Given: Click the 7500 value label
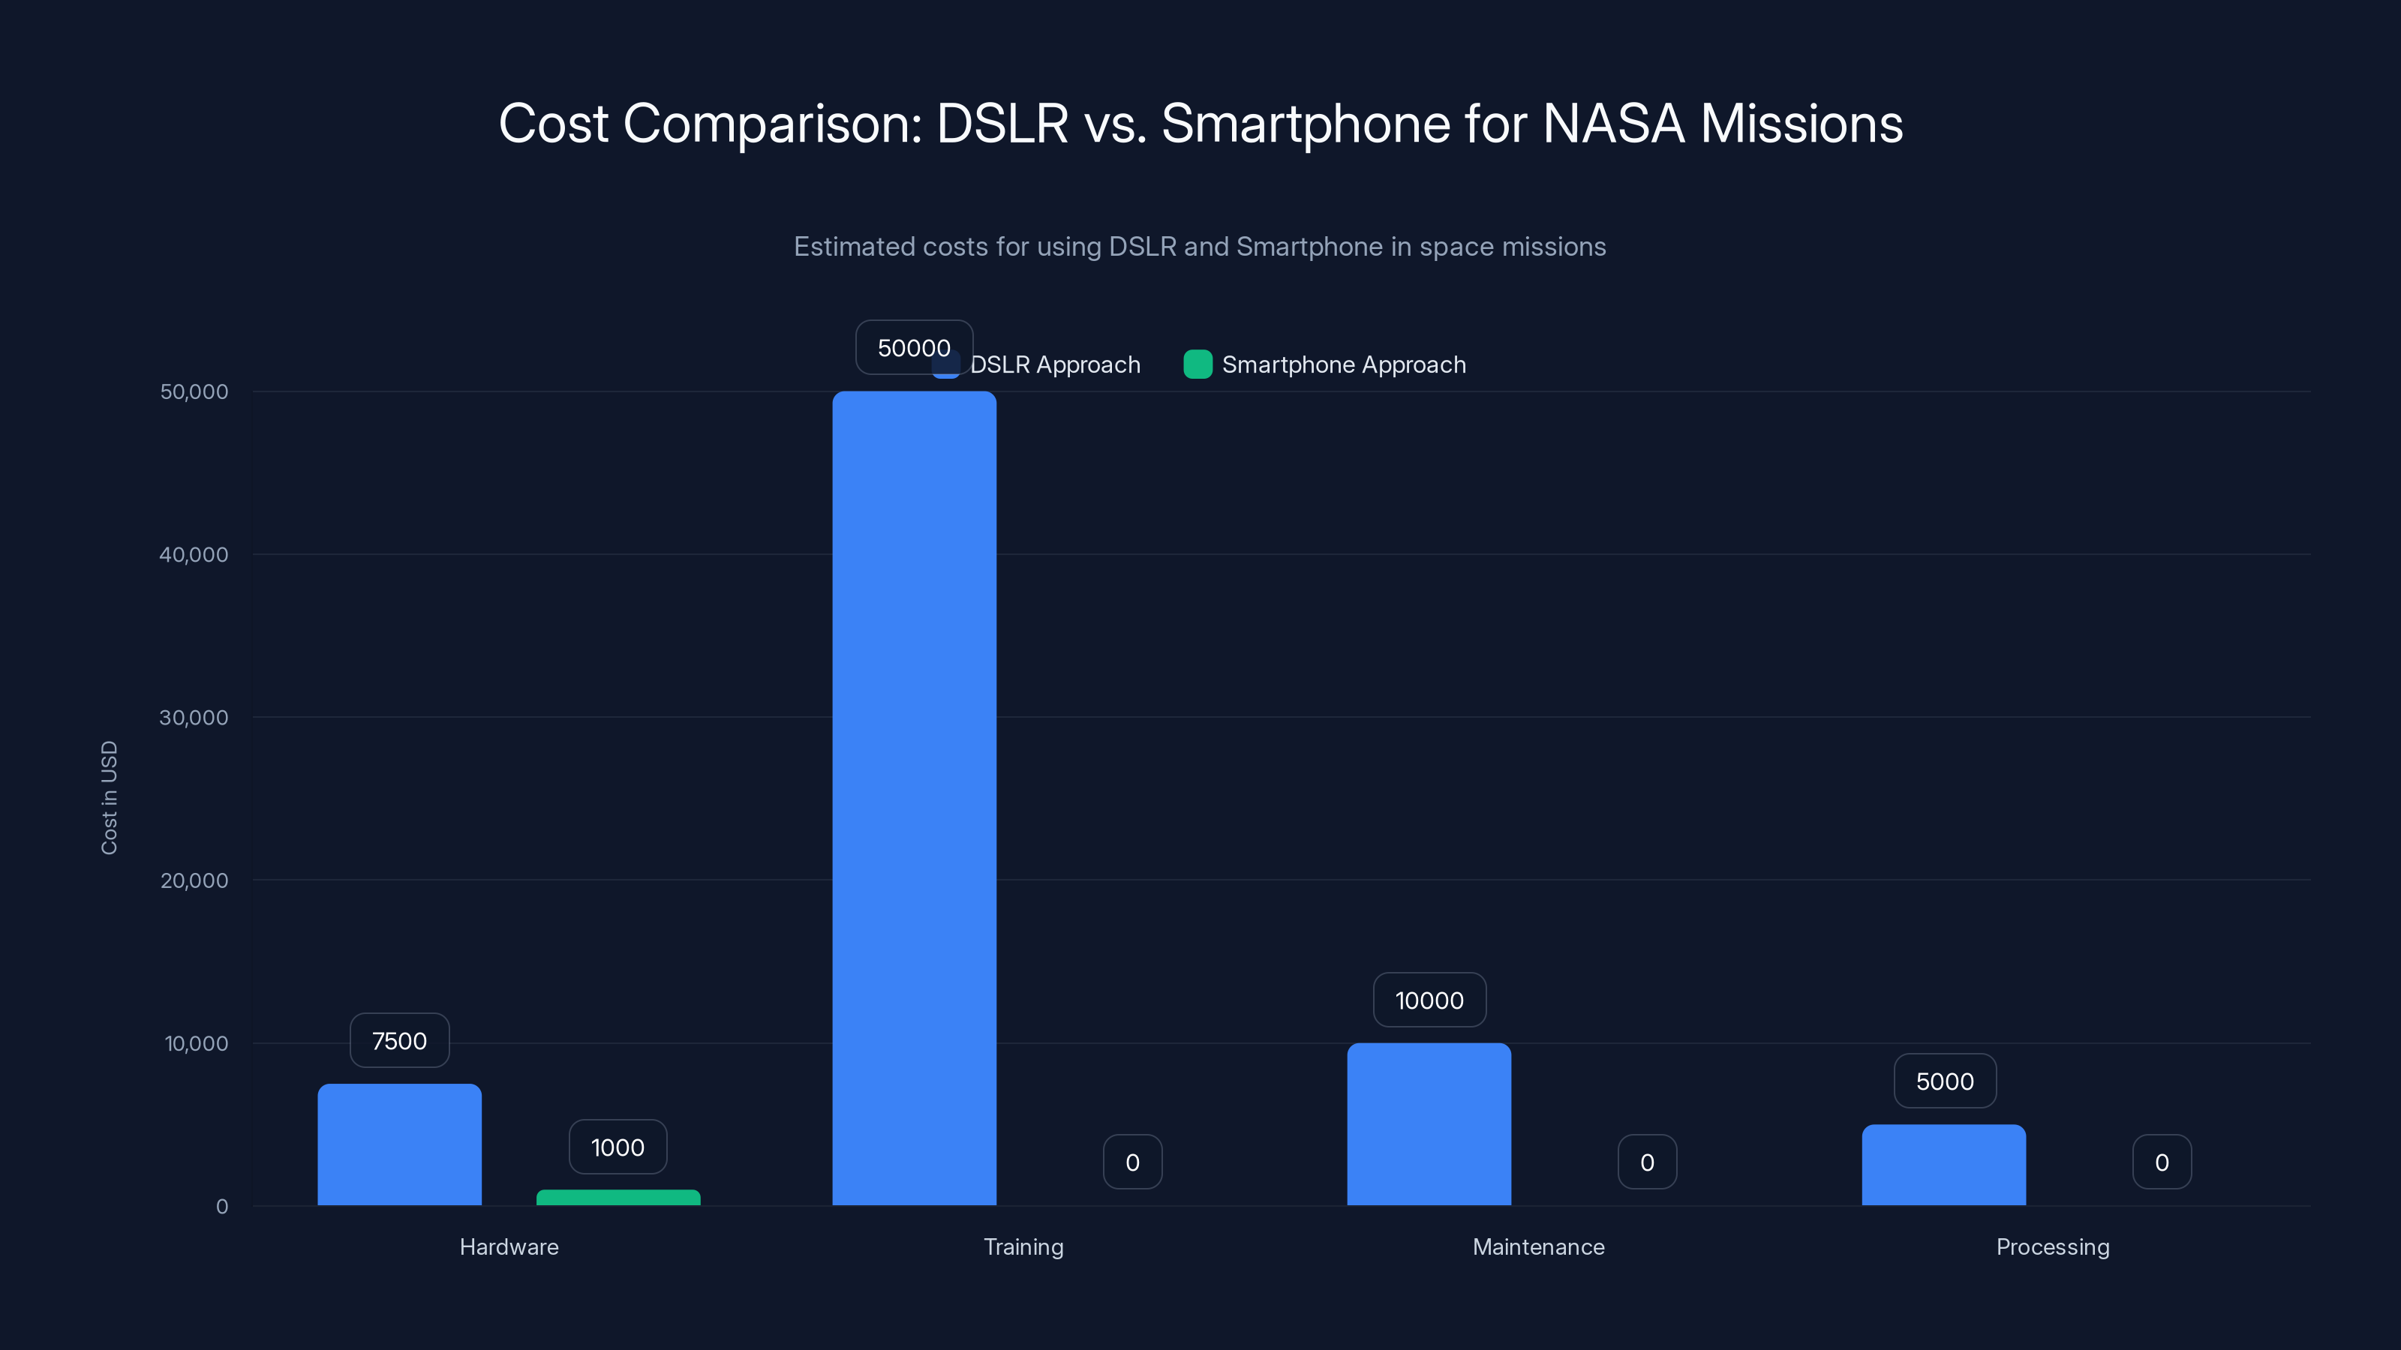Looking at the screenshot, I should pyautogui.click(x=399, y=1041).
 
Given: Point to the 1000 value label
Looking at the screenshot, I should pyautogui.click(x=618, y=1147).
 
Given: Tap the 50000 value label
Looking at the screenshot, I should pyautogui.click(x=913, y=347).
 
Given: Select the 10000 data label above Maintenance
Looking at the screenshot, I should pyautogui.click(x=1429, y=1000).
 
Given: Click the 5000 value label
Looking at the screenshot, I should pyautogui.click(x=1944, y=1081).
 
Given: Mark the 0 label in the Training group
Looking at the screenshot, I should pyautogui.click(x=1132, y=1162).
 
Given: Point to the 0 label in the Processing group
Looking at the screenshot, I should pyautogui.click(x=2162, y=1162).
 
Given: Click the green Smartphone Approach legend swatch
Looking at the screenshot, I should pyautogui.click(x=1197, y=364).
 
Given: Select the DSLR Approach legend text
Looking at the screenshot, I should pyautogui.click(x=1055, y=364).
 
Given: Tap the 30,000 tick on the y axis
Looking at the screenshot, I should pyautogui.click(x=194, y=718).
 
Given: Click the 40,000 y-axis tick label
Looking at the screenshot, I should pyautogui.click(x=194, y=554).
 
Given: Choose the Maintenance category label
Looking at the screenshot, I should pyautogui.click(x=1538, y=1246).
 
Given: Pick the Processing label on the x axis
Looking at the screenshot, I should pyautogui.click(x=2052, y=1246).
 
